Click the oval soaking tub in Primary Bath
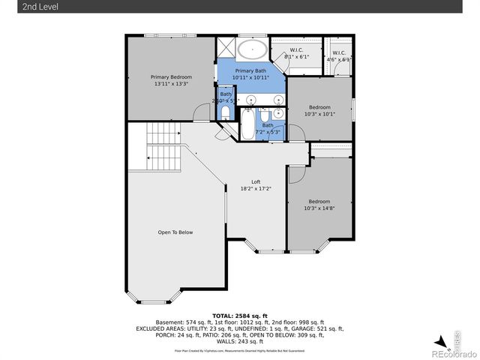[x=252, y=51]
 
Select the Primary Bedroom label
[x=171, y=77]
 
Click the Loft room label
[x=255, y=182]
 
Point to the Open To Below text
[x=175, y=232]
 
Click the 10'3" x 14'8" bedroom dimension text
[x=319, y=208]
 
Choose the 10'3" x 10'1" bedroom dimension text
[x=319, y=114]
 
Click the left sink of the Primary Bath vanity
[x=250, y=98]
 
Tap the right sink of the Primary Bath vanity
[x=277, y=98]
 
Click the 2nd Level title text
[x=20, y=7]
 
